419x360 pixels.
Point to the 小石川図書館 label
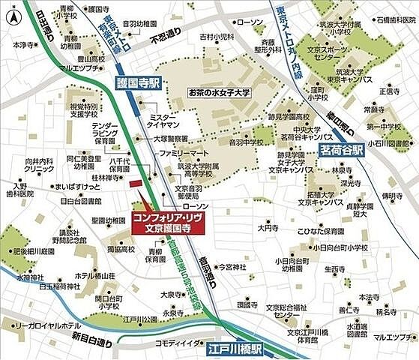(392, 142)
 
